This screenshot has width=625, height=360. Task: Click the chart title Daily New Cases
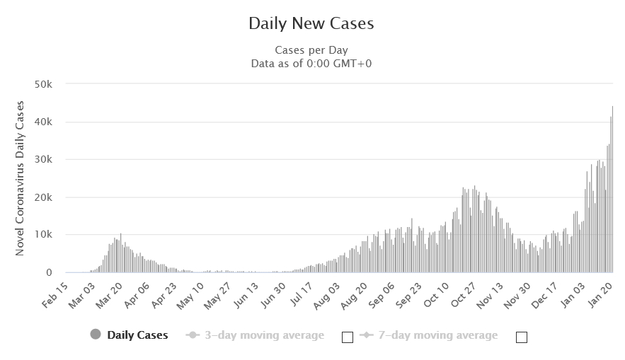[311, 23]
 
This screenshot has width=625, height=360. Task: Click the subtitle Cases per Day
[311, 50]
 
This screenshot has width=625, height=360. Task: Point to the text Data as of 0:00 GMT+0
[311, 63]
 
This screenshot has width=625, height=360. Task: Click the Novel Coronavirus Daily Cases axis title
[20, 178]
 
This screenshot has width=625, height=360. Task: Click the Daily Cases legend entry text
[137, 335]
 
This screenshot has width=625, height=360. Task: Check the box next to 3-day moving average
[347, 337]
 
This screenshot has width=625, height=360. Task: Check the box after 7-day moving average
[522, 337]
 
